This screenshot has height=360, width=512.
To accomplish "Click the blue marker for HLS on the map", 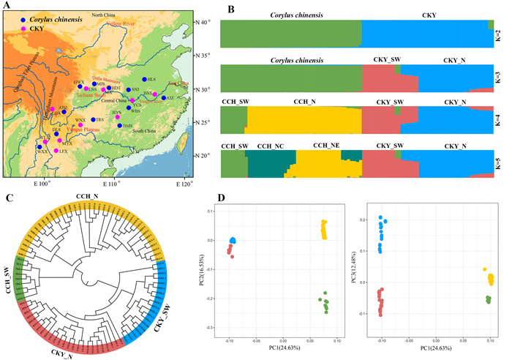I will (x=144, y=79).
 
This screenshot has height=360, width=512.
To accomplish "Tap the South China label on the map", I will (x=146, y=130).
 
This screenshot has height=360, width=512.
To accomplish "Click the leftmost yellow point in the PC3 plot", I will (x=484, y=270).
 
